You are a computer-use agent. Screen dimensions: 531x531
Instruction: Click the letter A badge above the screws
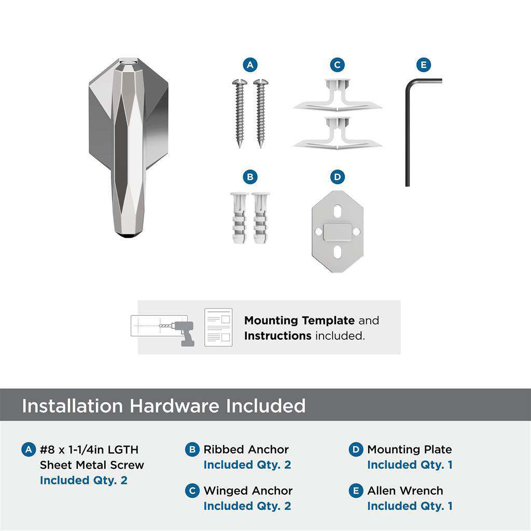click(x=250, y=65)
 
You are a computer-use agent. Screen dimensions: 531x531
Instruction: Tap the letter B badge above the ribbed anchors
click(x=250, y=177)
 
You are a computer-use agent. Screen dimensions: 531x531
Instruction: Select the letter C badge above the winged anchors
click(x=337, y=65)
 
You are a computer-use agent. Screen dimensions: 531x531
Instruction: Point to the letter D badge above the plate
click(x=337, y=177)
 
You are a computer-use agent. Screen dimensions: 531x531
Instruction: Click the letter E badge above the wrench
click(x=424, y=65)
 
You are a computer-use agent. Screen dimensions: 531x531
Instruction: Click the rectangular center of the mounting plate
click(x=337, y=232)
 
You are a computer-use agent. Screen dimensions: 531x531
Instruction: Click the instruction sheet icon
click(x=218, y=327)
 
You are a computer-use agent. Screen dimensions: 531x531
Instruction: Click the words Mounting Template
click(x=299, y=320)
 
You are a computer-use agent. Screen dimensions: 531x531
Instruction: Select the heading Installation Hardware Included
click(x=163, y=406)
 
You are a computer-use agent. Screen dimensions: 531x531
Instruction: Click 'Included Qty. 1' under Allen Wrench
click(x=410, y=506)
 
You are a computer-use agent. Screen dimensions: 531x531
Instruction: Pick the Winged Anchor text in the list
click(x=248, y=491)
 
